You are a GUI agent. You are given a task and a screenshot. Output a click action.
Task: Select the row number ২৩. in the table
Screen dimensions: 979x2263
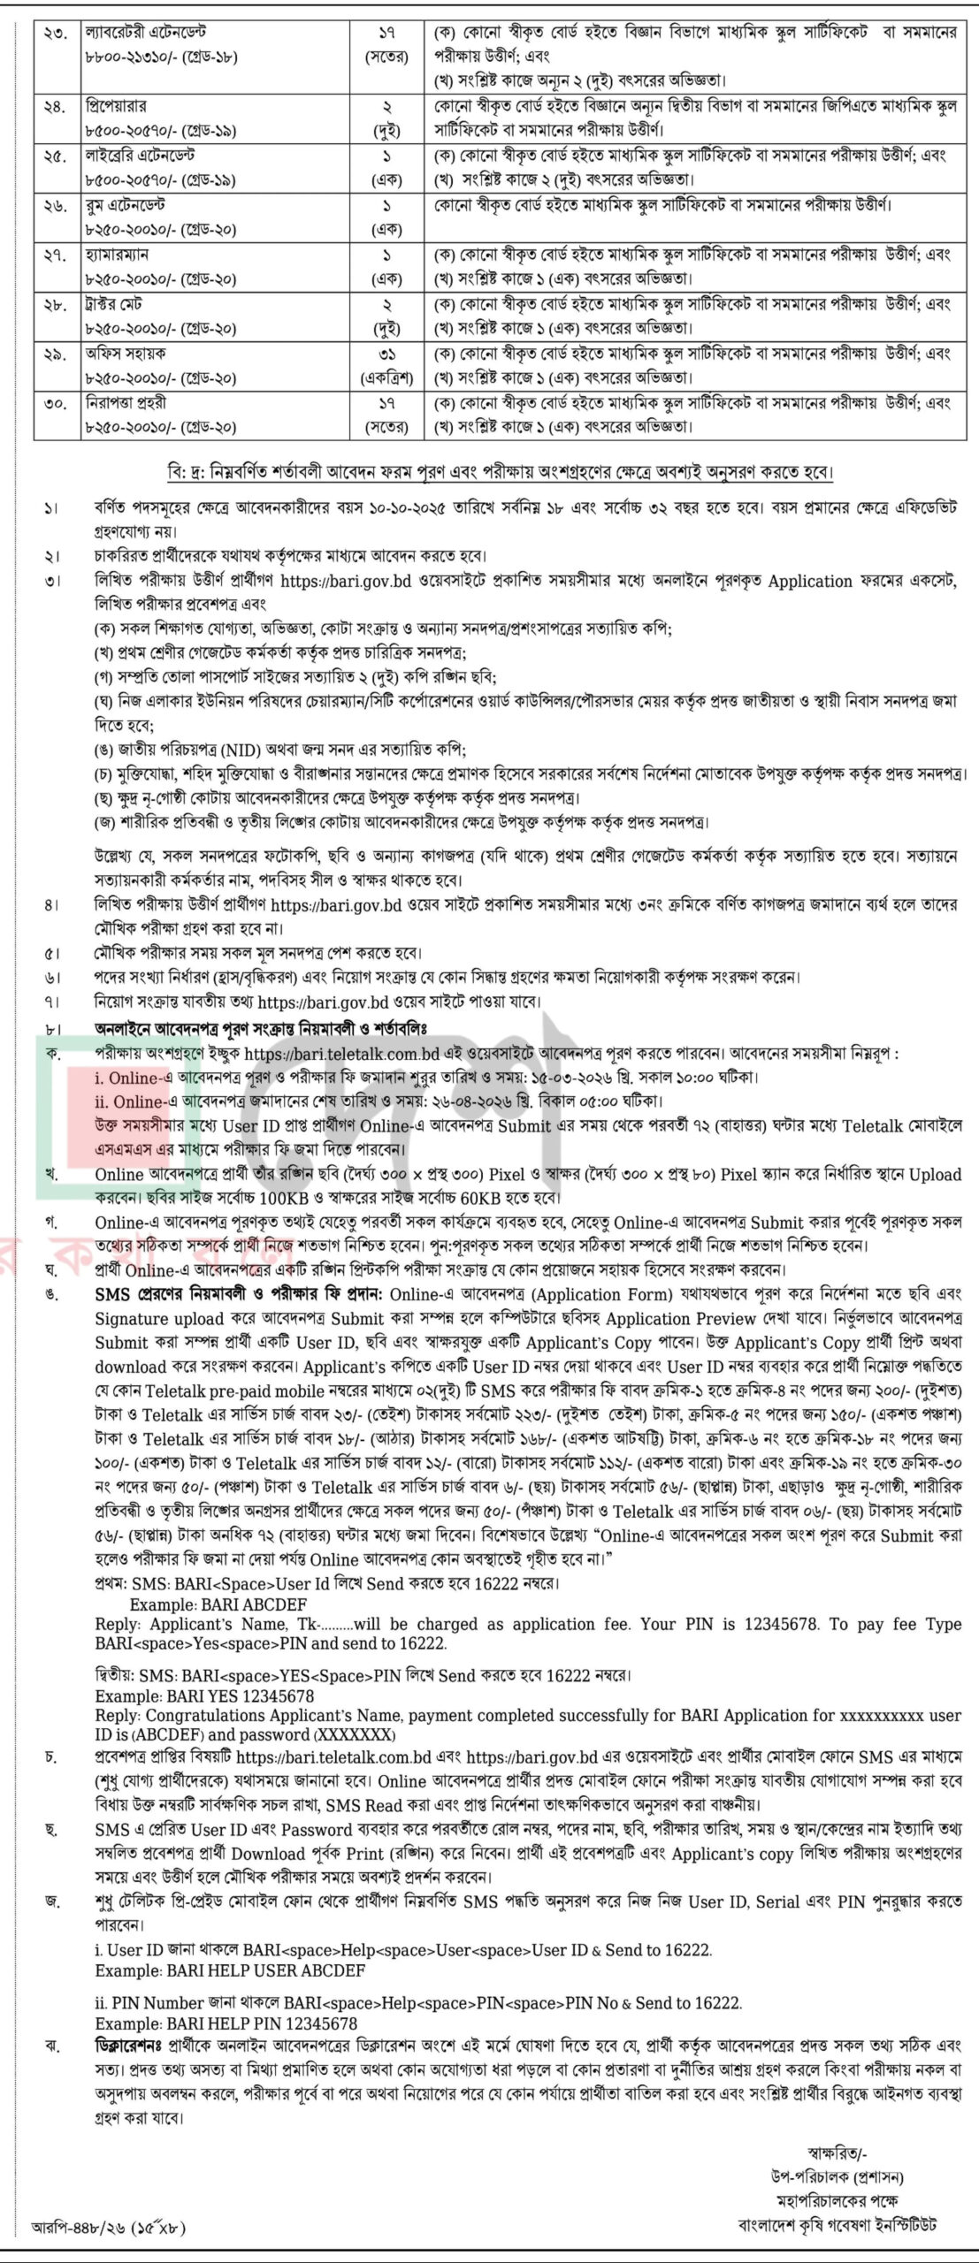[x=55, y=33]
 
